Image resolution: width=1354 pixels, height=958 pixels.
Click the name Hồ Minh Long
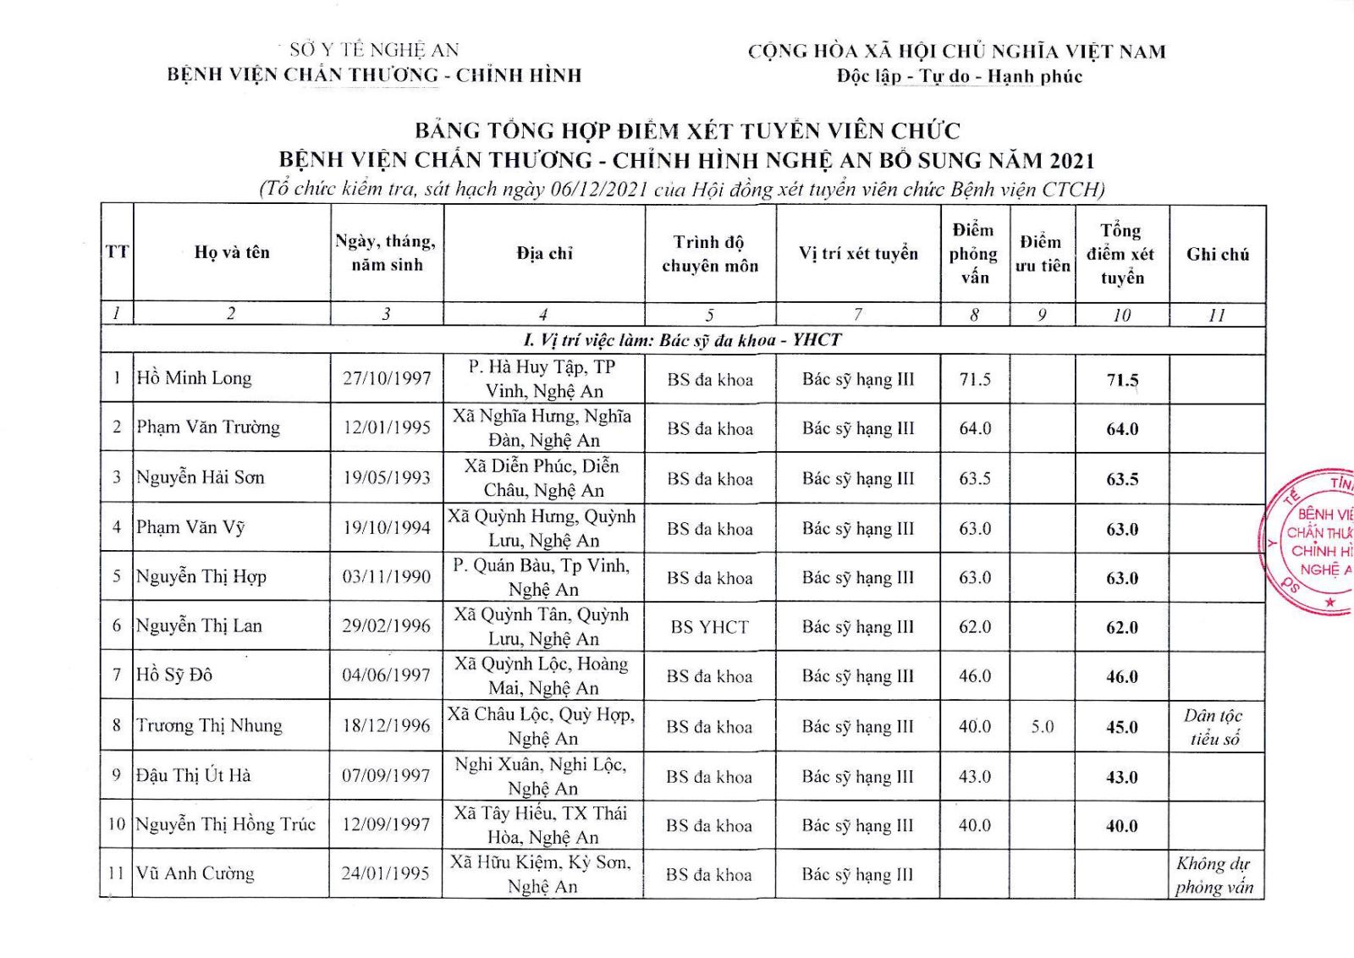tap(195, 378)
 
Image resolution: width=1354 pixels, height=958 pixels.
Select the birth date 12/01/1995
tap(387, 427)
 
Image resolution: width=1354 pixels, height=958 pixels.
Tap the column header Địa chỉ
tap(544, 253)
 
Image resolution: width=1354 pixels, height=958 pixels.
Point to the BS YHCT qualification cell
tap(710, 627)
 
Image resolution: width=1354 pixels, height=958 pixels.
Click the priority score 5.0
tap(1043, 727)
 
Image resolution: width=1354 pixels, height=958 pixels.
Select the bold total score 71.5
tap(1122, 380)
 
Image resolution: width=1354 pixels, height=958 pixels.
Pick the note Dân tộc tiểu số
tap(1214, 727)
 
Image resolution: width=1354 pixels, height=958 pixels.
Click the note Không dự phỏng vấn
tap(1214, 875)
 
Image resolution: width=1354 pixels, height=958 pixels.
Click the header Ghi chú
tap(1217, 254)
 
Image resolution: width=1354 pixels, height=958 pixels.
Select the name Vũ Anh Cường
tap(195, 873)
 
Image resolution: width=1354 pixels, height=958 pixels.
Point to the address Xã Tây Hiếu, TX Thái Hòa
tap(542, 825)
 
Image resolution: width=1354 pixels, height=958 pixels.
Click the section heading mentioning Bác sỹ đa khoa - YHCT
tap(682, 340)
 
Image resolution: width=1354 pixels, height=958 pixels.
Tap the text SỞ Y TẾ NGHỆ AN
tap(374, 50)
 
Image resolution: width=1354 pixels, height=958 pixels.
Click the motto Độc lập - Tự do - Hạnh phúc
tap(960, 76)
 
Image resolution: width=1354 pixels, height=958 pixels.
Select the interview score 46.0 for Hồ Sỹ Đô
tap(975, 676)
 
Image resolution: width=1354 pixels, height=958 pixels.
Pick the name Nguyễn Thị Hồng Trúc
tap(226, 824)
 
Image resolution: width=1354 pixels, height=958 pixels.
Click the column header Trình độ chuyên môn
tap(710, 254)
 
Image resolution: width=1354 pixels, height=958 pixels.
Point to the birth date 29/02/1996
tap(387, 626)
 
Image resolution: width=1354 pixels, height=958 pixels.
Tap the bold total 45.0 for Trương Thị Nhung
tap(1122, 727)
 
